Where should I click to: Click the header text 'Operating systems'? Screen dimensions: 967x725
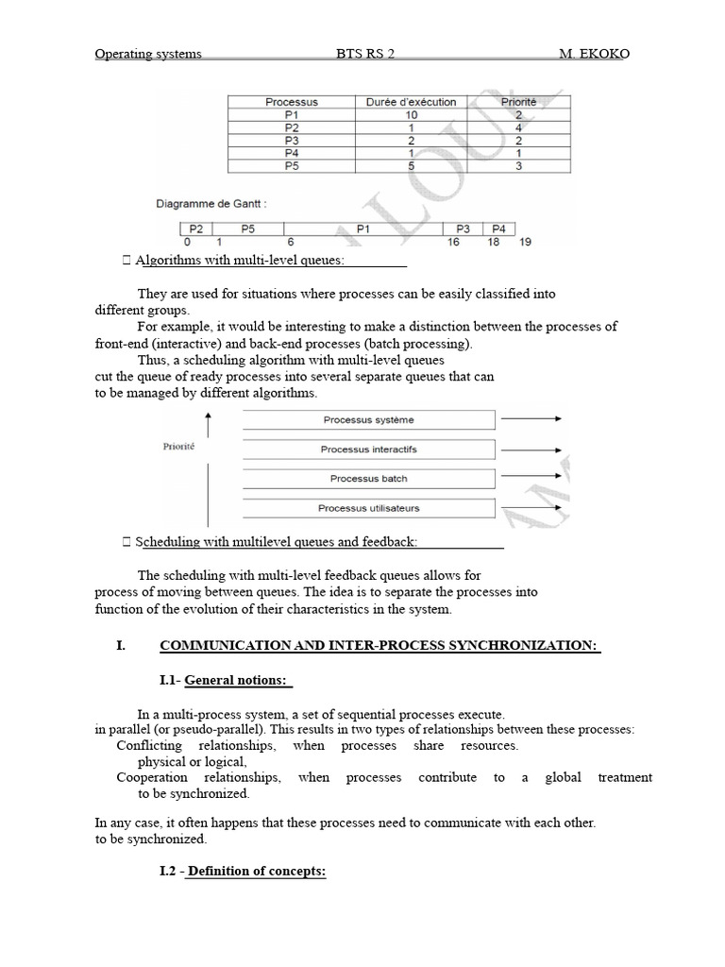(148, 54)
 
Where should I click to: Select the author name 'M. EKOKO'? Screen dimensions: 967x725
(594, 54)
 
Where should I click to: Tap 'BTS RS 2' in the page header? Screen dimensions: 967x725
(365, 54)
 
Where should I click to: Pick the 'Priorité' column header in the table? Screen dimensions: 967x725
(518, 102)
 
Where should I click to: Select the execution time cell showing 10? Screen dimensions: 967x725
(412, 115)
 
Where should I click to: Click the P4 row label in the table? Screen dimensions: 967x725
(292, 153)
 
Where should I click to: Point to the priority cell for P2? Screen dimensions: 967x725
(518, 127)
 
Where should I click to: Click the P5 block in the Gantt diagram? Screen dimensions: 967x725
(247, 229)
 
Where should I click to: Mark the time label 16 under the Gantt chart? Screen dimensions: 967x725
(453, 243)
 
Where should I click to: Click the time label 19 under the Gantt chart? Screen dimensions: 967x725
(526, 243)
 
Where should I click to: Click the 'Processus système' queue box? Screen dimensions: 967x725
(368, 420)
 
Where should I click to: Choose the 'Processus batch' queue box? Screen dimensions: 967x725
(368, 479)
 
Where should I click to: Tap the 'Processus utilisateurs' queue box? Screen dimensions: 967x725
(368, 508)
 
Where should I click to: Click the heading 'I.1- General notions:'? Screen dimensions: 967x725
(227, 681)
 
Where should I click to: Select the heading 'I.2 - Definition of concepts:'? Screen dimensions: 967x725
(243, 872)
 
